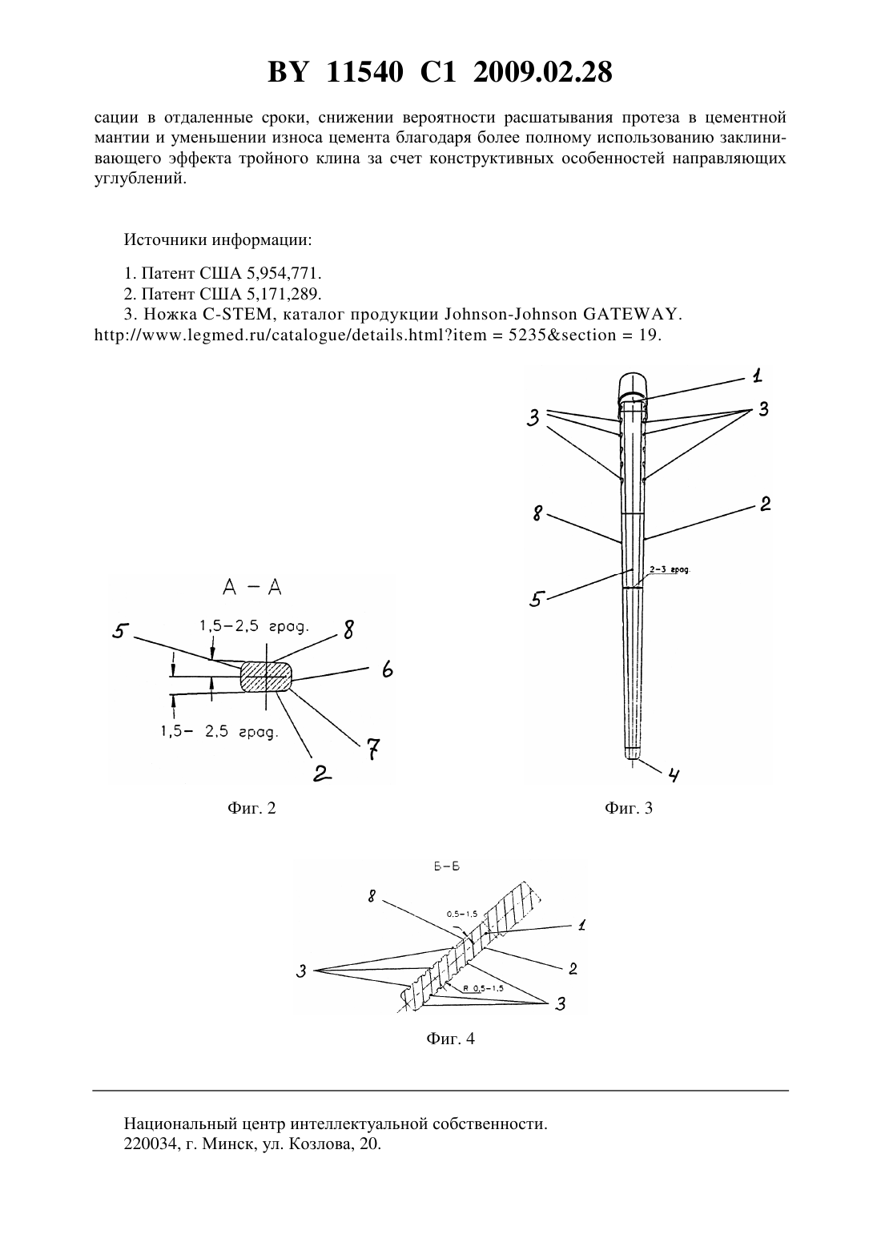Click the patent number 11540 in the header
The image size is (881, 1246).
[364, 72]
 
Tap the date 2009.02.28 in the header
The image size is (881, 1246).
[543, 72]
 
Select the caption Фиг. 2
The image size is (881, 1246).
[252, 808]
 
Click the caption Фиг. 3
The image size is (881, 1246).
[629, 808]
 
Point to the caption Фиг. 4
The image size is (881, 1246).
[450, 1039]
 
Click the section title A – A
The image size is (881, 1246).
[252, 588]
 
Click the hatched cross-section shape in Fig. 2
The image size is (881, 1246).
[267, 677]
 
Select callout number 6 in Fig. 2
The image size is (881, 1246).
[387, 669]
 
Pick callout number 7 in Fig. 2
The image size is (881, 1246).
[373, 750]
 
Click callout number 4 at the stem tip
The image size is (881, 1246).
[674, 774]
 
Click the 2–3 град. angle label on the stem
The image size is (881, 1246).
[670, 569]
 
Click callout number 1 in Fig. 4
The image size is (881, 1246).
[581, 926]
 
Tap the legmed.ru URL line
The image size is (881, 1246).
[378, 336]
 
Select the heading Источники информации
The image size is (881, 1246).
[218, 240]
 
